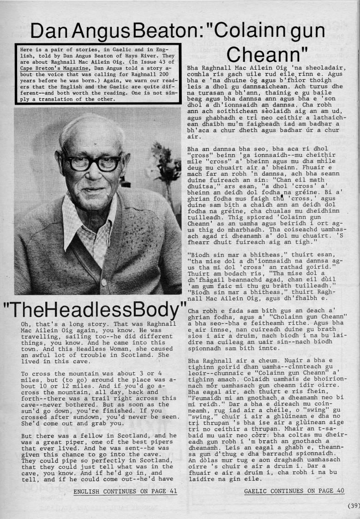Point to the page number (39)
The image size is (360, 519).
coord(353,506)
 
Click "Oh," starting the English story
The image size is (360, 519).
coord(26,324)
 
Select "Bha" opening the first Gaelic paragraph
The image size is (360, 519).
coord(192,68)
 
